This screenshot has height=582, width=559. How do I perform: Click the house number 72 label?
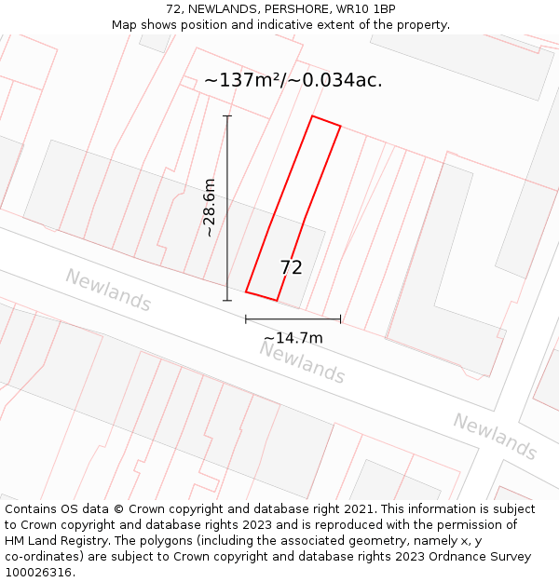[x=291, y=267]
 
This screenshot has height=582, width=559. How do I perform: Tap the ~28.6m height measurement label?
[x=210, y=208]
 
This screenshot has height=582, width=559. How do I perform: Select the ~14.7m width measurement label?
[x=293, y=338]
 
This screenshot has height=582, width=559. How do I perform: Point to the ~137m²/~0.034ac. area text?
[x=293, y=80]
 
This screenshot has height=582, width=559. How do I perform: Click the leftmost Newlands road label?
[x=108, y=290]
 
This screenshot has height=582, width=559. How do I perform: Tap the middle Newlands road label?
[x=302, y=362]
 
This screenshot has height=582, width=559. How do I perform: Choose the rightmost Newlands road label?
[x=496, y=436]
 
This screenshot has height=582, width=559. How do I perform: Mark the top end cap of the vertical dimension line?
[x=227, y=116]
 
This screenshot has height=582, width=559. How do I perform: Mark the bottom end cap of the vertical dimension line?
[x=227, y=300]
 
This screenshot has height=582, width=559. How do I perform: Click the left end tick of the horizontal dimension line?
[x=246, y=319]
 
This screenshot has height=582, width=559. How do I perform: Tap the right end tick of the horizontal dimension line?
[x=340, y=319]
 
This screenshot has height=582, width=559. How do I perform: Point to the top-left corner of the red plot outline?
[x=312, y=116]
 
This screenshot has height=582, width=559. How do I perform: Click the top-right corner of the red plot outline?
[x=341, y=127]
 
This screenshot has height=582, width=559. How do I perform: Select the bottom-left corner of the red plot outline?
[x=246, y=291]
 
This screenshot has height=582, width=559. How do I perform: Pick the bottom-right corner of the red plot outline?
[x=277, y=300]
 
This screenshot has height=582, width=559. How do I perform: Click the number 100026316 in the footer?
[x=38, y=573]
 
